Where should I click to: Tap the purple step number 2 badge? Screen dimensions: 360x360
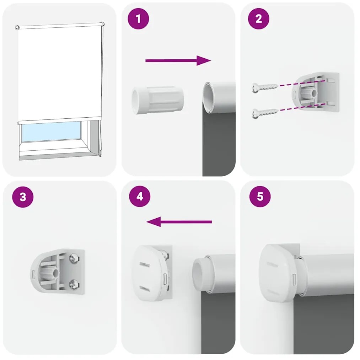coord(258,19)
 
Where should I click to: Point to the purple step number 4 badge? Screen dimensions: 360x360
coord(140,196)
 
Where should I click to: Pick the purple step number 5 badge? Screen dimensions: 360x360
coord(260,197)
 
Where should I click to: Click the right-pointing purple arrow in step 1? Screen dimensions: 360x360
coord(178,61)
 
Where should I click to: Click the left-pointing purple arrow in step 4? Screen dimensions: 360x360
coord(179,222)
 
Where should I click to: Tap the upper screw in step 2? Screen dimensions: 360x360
coord(264,87)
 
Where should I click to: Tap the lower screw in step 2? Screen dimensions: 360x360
coord(264,113)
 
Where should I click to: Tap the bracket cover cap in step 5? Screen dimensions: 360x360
coord(276,273)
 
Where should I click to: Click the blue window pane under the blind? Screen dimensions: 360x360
coord(52,131)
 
